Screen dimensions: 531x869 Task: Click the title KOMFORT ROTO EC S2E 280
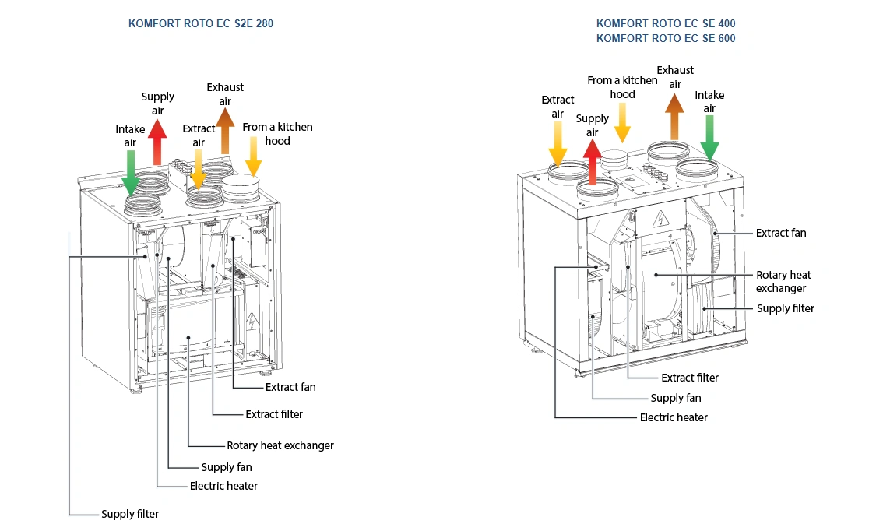tap(201, 24)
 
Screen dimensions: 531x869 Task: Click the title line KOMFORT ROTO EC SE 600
tap(666, 38)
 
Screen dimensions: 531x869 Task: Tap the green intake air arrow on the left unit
tap(130, 171)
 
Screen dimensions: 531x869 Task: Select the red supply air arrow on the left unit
tap(157, 140)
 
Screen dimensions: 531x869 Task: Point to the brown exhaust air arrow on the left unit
tap(225, 131)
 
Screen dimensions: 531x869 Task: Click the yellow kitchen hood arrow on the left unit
tap(254, 156)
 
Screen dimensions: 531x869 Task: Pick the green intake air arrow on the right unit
tap(709, 139)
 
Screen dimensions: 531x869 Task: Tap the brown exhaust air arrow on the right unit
tap(674, 115)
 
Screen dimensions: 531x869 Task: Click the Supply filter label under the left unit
tap(130, 514)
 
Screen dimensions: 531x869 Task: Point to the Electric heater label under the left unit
tap(223, 486)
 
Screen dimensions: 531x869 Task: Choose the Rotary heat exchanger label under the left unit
tap(280, 445)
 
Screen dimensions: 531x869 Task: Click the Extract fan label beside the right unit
tap(781, 233)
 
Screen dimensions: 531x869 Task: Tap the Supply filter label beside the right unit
tap(786, 308)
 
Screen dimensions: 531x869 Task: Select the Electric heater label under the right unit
tap(674, 417)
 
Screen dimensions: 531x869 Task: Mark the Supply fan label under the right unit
tap(676, 398)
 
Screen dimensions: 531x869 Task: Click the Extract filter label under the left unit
tap(274, 414)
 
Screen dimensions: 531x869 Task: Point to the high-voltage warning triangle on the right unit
tap(660, 216)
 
